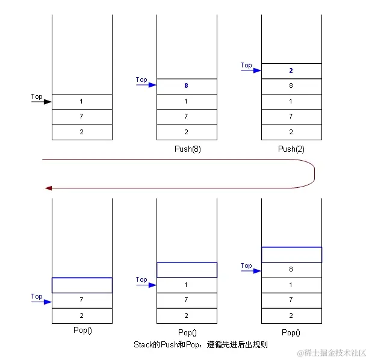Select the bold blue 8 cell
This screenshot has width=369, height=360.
click(187, 86)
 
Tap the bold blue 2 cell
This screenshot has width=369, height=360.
click(291, 70)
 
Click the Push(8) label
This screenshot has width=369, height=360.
click(187, 149)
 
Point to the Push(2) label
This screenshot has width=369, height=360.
click(291, 149)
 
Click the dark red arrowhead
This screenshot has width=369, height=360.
click(48, 188)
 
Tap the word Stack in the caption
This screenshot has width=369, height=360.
click(142, 345)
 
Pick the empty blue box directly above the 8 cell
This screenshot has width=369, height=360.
click(291, 255)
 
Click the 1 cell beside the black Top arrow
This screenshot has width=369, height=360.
click(82, 102)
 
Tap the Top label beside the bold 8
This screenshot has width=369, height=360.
click(141, 79)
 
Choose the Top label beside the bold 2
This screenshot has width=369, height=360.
click(246, 65)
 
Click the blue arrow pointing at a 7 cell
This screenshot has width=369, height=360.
click(41, 301)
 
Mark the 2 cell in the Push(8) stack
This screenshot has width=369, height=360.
click(187, 132)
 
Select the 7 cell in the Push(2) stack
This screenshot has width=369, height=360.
click(291, 116)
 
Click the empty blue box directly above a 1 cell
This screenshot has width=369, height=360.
click(187, 270)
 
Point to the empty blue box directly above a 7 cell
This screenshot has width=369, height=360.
click(82, 285)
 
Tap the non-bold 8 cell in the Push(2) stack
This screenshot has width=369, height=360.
click(291, 86)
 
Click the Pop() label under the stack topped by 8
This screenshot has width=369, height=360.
click(291, 332)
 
